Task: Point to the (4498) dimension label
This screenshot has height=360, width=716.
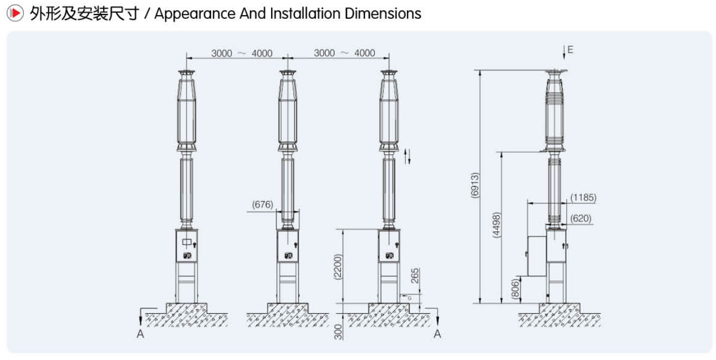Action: pyautogui.click(x=496, y=226)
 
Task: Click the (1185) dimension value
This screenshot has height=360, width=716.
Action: pyautogui.click(x=583, y=197)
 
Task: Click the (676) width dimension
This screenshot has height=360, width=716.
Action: pyautogui.click(x=262, y=204)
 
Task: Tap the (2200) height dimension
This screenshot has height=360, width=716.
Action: pyautogui.click(x=338, y=267)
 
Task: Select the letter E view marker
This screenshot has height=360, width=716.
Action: pyautogui.click(x=570, y=50)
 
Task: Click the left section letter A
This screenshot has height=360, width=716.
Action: pyautogui.click(x=140, y=334)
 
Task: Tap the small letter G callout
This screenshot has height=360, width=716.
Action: pyautogui.click(x=410, y=297)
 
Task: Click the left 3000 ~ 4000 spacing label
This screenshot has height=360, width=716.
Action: pyautogui.click(x=242, y=53)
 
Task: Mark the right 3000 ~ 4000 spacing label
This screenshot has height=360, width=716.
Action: pyautogui.click(x=344, y=53)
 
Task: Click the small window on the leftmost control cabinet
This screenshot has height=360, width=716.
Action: pyautogui.click(x=187, y=242)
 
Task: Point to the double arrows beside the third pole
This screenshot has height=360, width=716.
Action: pyautogui.click(x=408, y=156)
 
